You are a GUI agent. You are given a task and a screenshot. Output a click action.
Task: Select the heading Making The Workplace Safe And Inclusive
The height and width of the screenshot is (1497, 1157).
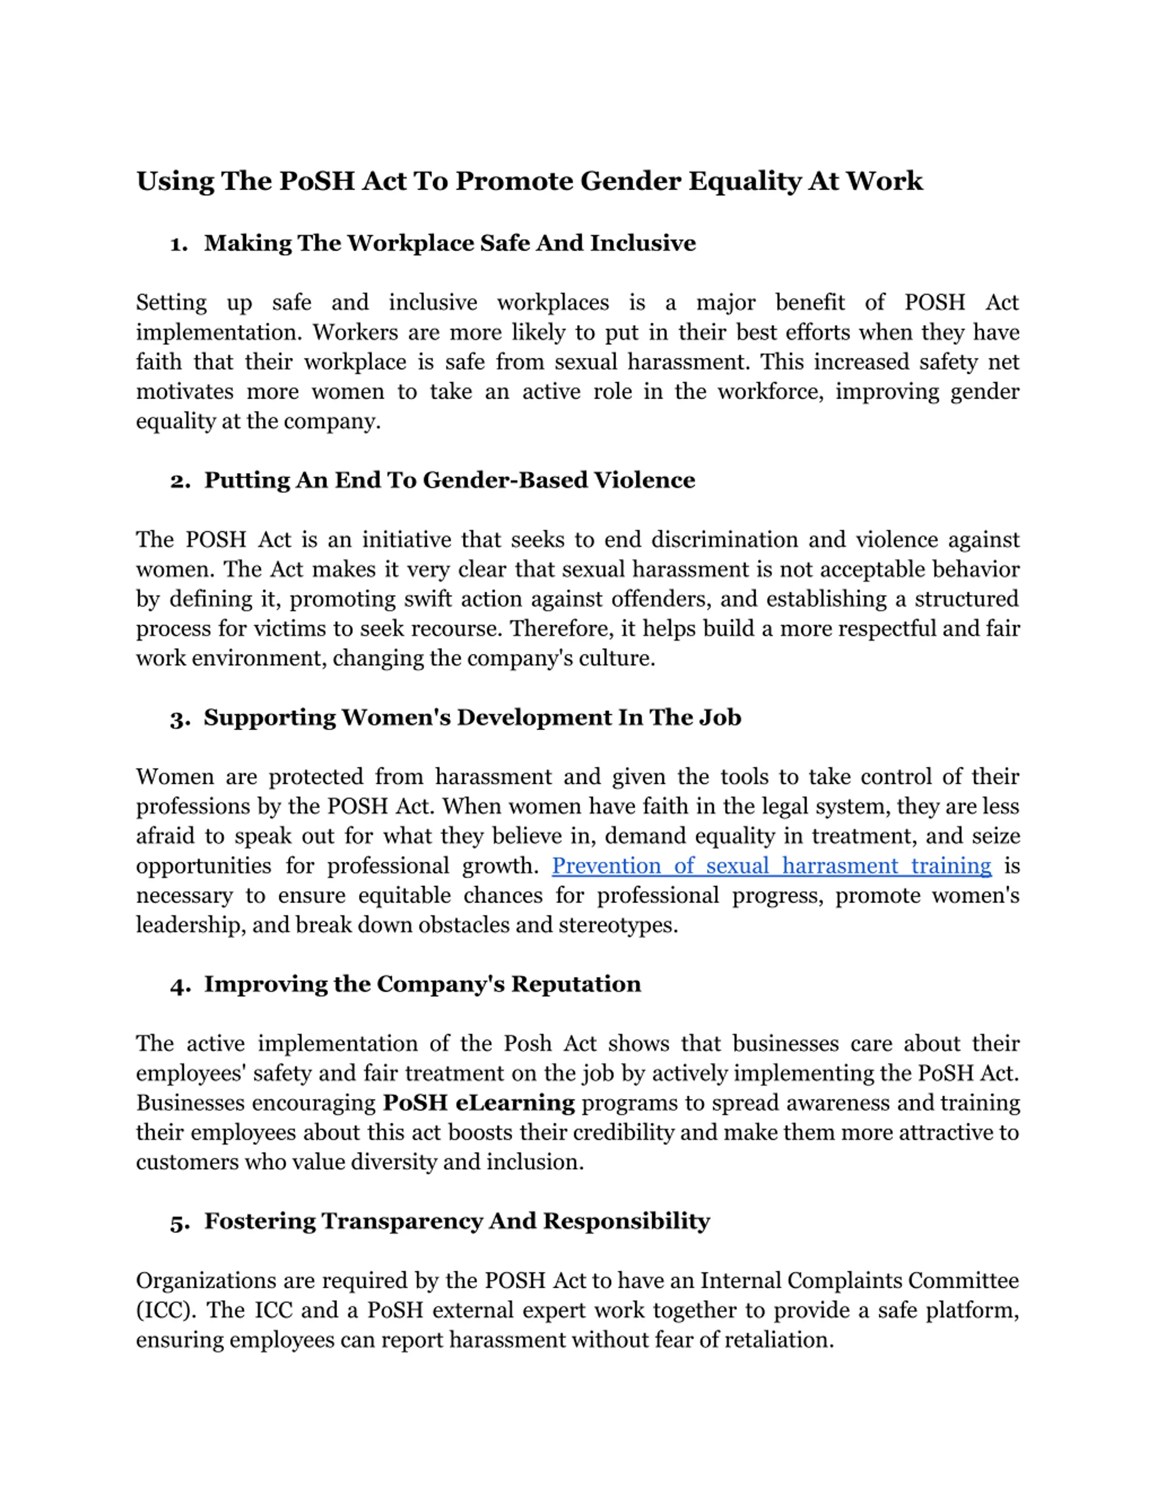(450, 244)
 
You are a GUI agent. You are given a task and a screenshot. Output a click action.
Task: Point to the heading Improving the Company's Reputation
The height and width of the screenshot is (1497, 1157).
(422, 984)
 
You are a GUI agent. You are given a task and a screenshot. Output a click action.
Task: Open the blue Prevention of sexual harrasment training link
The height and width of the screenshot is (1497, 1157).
(771, 866)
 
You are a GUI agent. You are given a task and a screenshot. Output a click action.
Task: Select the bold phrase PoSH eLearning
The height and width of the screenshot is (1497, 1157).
(479, 1103)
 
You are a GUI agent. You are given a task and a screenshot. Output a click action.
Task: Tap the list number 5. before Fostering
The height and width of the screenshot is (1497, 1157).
(179, 1223)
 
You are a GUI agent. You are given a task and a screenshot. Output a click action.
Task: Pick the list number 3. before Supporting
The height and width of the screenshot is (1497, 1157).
(179, 719)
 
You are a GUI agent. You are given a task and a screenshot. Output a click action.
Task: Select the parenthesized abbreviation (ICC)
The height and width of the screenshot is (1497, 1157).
(165, 1310)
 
